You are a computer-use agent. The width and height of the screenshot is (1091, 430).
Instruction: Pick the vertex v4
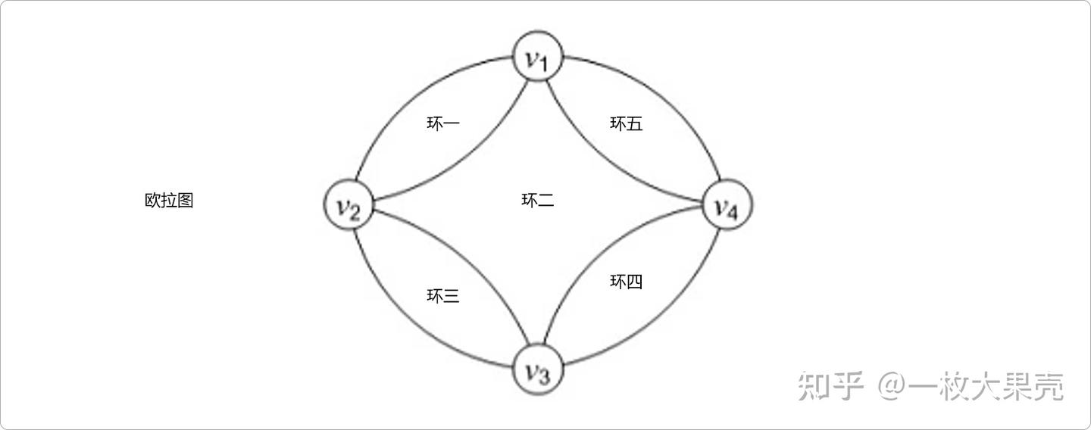tap(727, 205)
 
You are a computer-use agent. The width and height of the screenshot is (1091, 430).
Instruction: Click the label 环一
tap(443, 123)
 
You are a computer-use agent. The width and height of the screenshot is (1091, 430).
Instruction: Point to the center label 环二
tap(538, 201)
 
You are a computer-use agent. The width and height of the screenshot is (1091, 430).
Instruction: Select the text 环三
tap(443, 296)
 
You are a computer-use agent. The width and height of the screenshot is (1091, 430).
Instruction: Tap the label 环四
tap(627, 282)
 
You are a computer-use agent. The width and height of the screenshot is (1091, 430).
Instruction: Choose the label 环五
tap(627, 123)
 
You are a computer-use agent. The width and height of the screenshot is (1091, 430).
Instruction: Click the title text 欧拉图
tap(169, 201)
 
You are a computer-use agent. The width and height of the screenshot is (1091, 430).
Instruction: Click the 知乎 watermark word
tap(831, 386)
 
